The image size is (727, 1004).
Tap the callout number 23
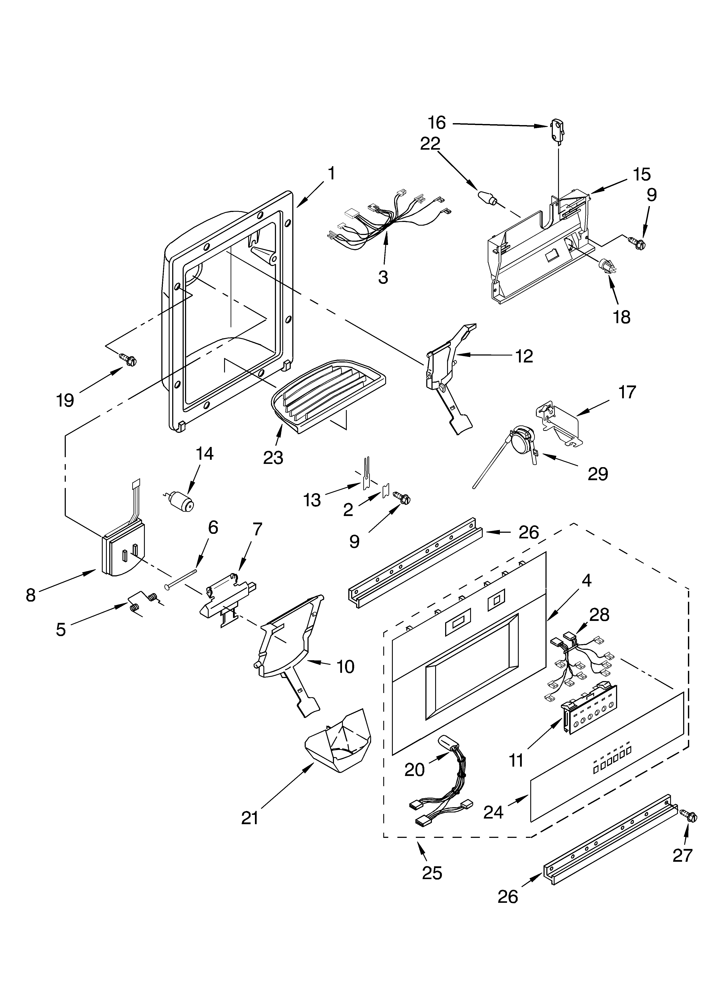pyautogui.click(x=273, y=458)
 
